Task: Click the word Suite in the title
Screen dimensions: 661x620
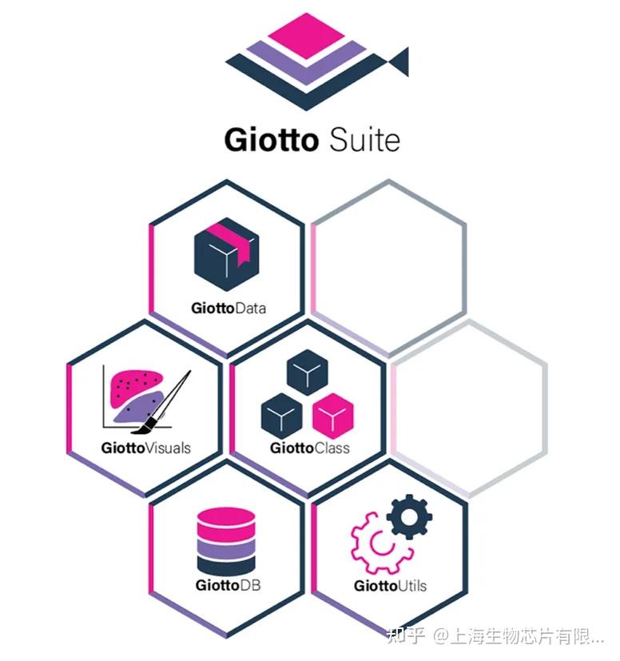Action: (x=364, y=140)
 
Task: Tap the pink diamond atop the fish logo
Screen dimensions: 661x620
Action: (x=308, y=32)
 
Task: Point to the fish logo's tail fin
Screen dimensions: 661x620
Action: (x=399, y=62)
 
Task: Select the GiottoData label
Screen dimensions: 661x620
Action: (x=229, y=308)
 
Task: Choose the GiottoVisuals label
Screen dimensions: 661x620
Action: (x=146, y=448)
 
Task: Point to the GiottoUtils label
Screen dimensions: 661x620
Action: (x=390, y=586)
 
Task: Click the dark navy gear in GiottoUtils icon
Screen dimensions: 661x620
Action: (x=409, y=517)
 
